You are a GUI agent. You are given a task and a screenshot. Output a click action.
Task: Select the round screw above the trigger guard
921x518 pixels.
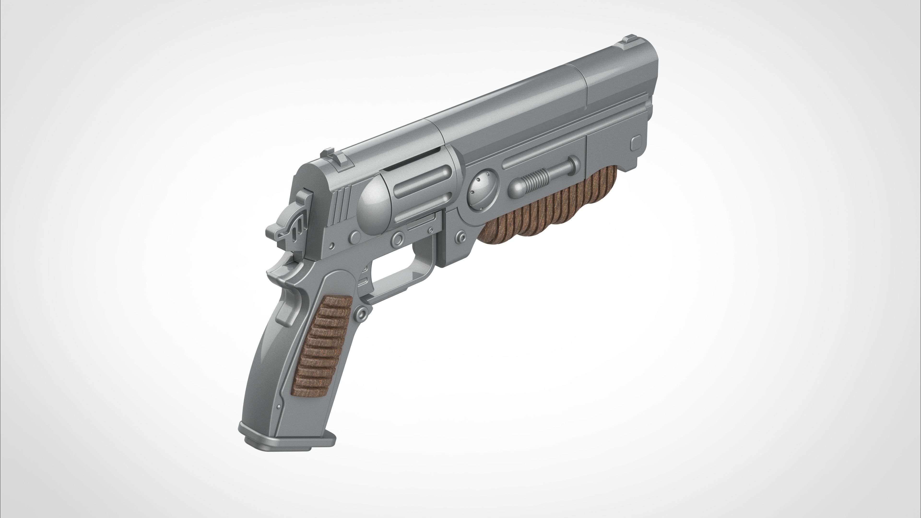pyautogui.click(x=397, y=238)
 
